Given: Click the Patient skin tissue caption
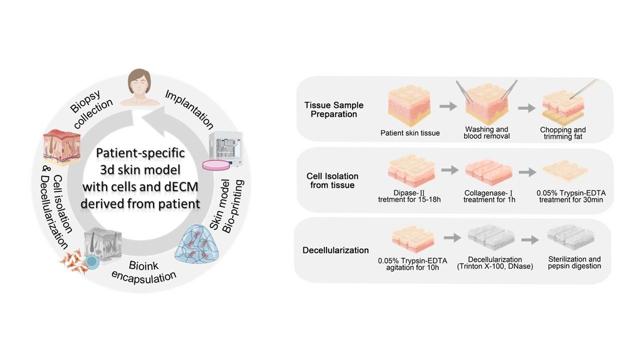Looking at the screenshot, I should (410, 133).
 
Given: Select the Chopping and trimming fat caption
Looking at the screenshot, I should (563, 133).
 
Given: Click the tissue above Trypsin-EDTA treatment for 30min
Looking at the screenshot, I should (565, 170).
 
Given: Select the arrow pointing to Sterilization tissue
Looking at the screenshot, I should (528, 239).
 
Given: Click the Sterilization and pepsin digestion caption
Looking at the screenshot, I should (574, 262).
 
